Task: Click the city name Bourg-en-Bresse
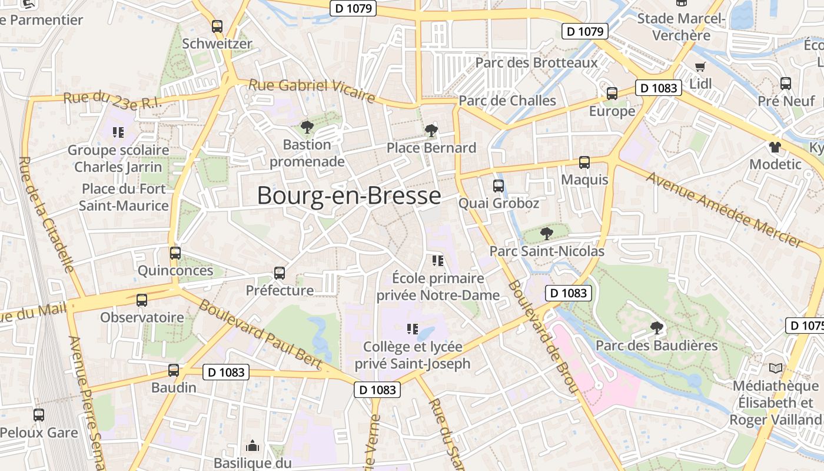coord(349,195)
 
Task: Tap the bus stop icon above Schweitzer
coord(217,26)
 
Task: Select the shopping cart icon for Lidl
coord(700,67)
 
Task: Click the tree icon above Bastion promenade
coord(307,127)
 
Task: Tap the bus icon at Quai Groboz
coord(499,186)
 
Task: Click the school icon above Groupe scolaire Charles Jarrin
coord(118,132)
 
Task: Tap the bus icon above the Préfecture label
coord(280,273)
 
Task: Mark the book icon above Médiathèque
coord(776,369)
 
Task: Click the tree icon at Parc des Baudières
coord(656,328)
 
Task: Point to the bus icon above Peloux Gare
coord(39,415)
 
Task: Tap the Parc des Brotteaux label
coord(536,62)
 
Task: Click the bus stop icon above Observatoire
coord(142,300)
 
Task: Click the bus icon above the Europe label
coord(612,94)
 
